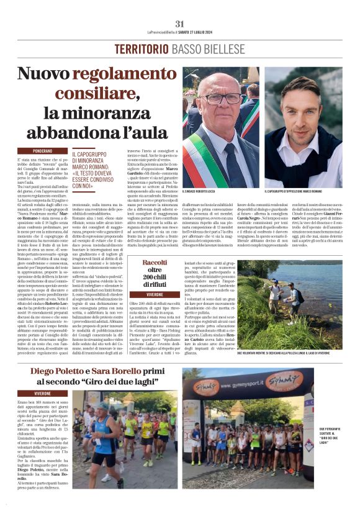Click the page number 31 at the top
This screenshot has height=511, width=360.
180,24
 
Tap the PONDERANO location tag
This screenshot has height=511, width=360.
43,151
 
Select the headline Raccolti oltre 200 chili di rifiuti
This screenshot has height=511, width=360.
154,271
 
